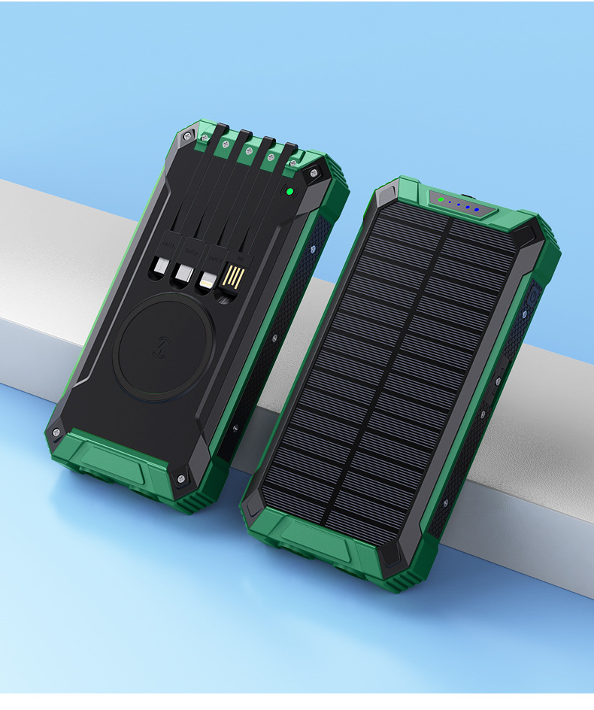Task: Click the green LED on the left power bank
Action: tap(288, 192)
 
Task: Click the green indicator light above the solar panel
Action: tap(441, 200)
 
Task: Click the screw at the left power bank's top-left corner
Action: tap(188, 137)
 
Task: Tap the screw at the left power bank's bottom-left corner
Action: tap(56, 432)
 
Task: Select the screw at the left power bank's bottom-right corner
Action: tap(180, 477)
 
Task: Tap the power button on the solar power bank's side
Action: tap(532, 296)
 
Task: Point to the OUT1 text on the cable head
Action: tap(168, 244)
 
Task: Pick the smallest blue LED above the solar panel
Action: tap(450, 202)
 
